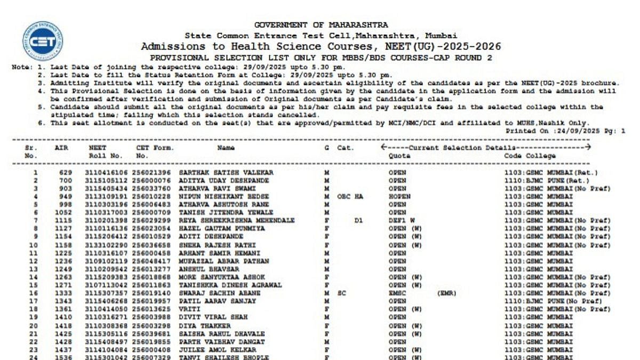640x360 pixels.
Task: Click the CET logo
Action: [43, 41]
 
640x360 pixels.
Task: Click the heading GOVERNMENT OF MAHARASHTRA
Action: [321, 25]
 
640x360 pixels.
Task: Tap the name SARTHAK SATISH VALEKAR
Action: [226, 173]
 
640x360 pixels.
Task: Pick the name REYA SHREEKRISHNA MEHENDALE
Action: [237, 220]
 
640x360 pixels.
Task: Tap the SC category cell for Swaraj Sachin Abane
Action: [342, 293]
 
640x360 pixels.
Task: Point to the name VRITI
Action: [189, 309]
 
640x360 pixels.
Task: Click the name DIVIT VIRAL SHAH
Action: [213, 317]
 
